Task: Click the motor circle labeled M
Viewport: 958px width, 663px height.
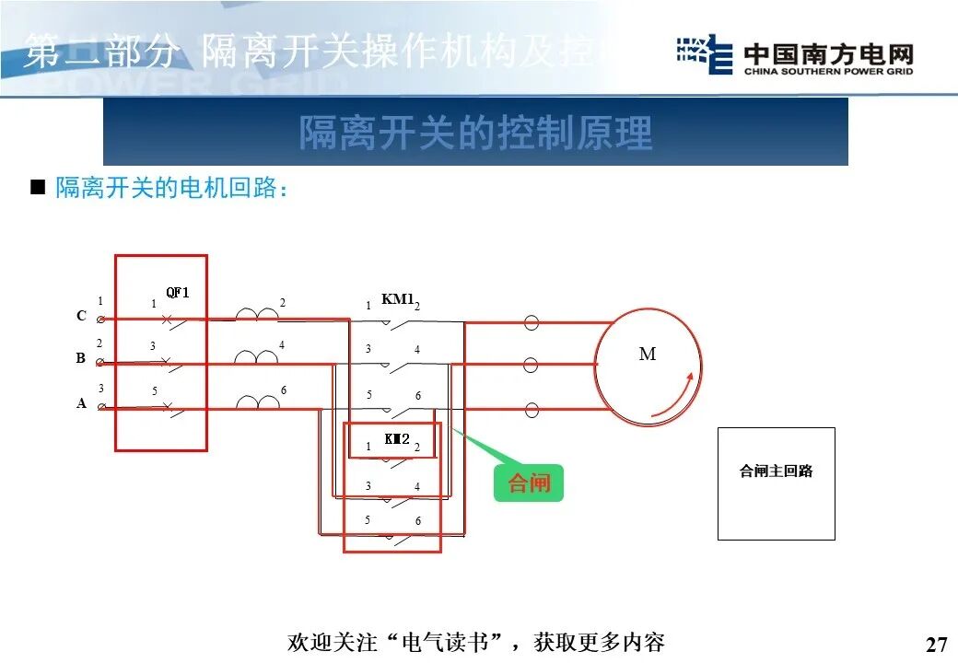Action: pos(647,363)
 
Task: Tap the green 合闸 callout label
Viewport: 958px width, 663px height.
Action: pos(528,483)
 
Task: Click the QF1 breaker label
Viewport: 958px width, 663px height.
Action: pos(177,293)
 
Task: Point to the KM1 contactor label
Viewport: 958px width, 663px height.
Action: pos(398,299)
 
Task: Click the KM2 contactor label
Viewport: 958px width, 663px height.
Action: pos(397,439)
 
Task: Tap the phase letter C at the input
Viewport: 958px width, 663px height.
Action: pos(81,317)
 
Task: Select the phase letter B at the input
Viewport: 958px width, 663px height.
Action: pos(81,359)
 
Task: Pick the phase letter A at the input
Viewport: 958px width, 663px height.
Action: pos(81,403)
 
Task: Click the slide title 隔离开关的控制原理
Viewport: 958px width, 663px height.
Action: pos(475,133)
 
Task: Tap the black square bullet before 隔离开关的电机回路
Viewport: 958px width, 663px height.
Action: pos(38,188)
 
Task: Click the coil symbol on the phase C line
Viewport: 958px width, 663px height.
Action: pos(257,316)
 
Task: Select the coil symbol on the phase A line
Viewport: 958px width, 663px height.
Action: pos(257,402)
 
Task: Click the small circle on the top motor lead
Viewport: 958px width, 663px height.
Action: pos(531,322)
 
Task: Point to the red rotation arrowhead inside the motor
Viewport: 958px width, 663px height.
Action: pos(686,377)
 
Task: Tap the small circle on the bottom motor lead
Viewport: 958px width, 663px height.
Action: pos(531,408)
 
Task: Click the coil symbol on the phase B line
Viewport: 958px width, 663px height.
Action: pos(257,358)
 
